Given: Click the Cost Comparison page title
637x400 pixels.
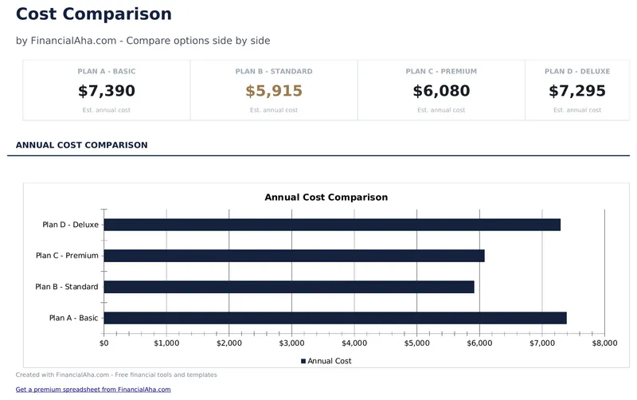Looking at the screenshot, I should coord(93,14).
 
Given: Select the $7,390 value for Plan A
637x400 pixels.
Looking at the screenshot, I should coord(107,91).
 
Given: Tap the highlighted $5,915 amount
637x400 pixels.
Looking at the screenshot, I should coord(274,91).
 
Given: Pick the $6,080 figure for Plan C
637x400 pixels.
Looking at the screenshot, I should coord(441,91).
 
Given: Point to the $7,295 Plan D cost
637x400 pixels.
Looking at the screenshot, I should coord(577,91).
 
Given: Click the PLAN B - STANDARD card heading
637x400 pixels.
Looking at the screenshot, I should coord(274,72).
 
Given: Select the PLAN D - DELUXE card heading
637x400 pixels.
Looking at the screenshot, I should coord(577,72).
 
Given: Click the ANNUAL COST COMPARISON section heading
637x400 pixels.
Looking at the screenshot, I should coord(81,145).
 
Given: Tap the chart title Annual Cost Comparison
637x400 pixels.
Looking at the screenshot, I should coord(326,197).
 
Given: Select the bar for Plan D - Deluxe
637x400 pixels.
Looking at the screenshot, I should coord(332,225).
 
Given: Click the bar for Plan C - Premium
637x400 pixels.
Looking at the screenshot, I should coord(294,256).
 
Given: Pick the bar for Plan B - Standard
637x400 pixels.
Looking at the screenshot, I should coord(289,287).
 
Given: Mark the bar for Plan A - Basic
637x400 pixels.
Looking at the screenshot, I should coord(335,318).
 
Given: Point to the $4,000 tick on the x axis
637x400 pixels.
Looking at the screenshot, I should coord(354,343).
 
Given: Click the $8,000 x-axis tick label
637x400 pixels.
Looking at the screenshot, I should coord(604,343).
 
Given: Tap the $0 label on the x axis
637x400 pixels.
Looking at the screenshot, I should coord(104,343).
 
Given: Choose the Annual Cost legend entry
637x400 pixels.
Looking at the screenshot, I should coord(326,361).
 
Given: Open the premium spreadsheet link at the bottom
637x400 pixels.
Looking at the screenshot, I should coord(93,390).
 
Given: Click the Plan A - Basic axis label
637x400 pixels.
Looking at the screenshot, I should coord(73,318).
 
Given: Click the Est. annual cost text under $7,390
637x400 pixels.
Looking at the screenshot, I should coord(107,110).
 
